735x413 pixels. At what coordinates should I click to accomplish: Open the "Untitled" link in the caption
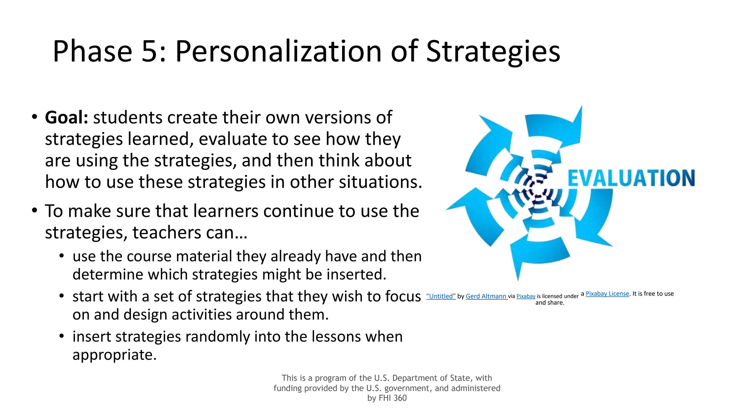point(441,296)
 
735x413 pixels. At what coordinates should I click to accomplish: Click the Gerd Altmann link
point(486,296)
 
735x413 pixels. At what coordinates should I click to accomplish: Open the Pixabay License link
point(607,294)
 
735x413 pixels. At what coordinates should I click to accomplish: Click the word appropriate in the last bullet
point(114,355)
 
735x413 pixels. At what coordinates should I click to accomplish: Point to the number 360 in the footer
point(400,398)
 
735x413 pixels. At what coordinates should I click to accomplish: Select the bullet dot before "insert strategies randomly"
point(62,336)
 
